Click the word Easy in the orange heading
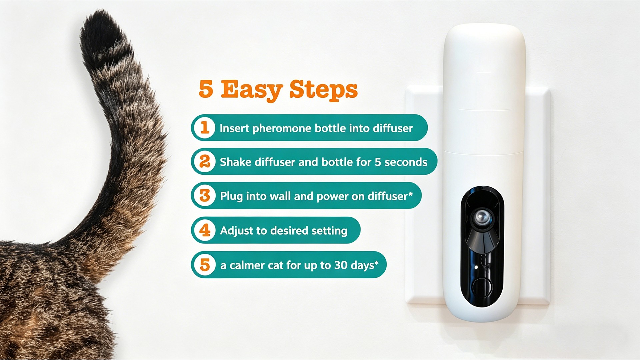point(252,90)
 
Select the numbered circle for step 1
point(205,128)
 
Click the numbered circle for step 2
point(205,162)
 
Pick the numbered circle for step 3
point(205,196)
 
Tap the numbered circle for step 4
point(205,230)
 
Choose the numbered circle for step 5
point(205,265)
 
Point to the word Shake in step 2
point(235,162)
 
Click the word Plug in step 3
point(231,196)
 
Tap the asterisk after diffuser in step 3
point(410,194)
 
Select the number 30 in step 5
point(341,265)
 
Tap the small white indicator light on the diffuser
point(476,267)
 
